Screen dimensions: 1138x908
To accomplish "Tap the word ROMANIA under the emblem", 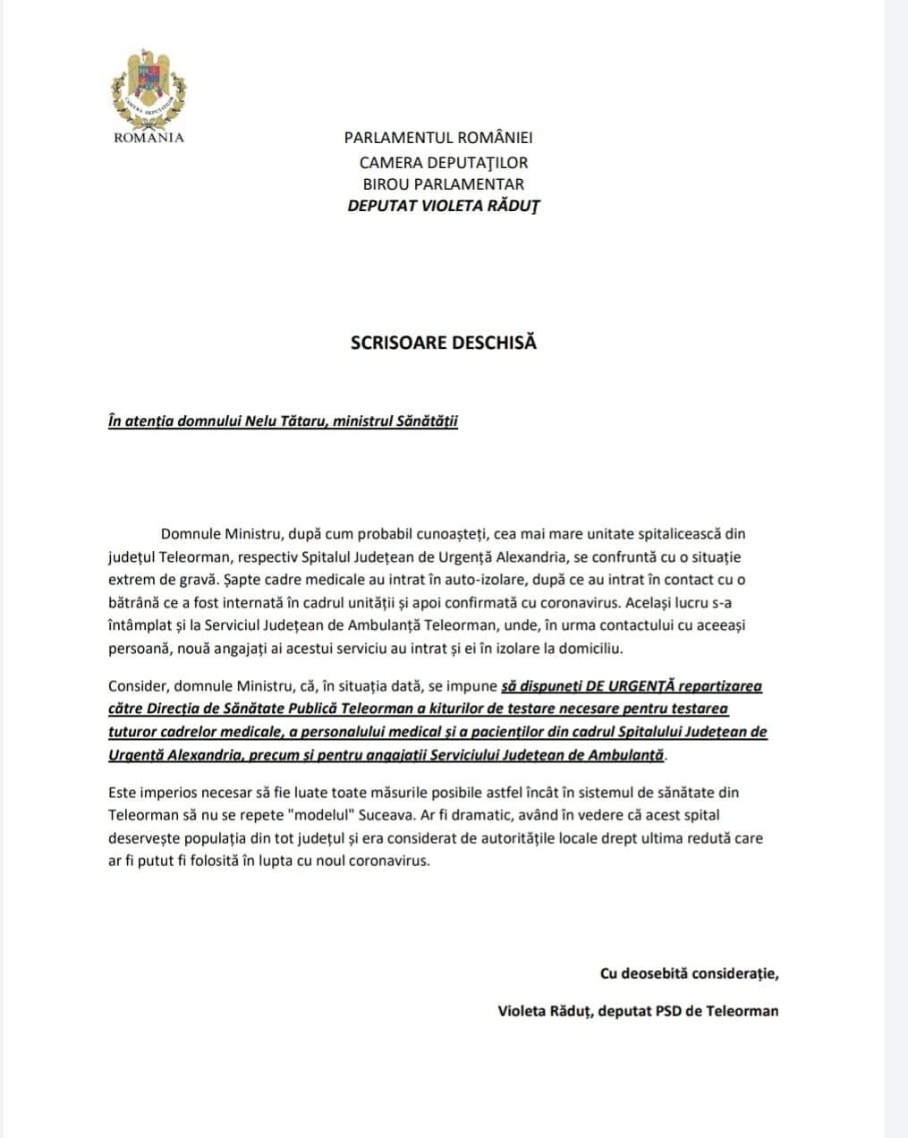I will pos(149,138).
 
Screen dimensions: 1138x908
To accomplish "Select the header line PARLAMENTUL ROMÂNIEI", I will pos(438,138).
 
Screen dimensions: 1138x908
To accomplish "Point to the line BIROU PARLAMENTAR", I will pos(444,184).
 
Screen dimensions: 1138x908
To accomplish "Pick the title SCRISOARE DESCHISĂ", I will pos(444,343).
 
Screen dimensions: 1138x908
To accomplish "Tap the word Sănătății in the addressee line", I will pos(426,421).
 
